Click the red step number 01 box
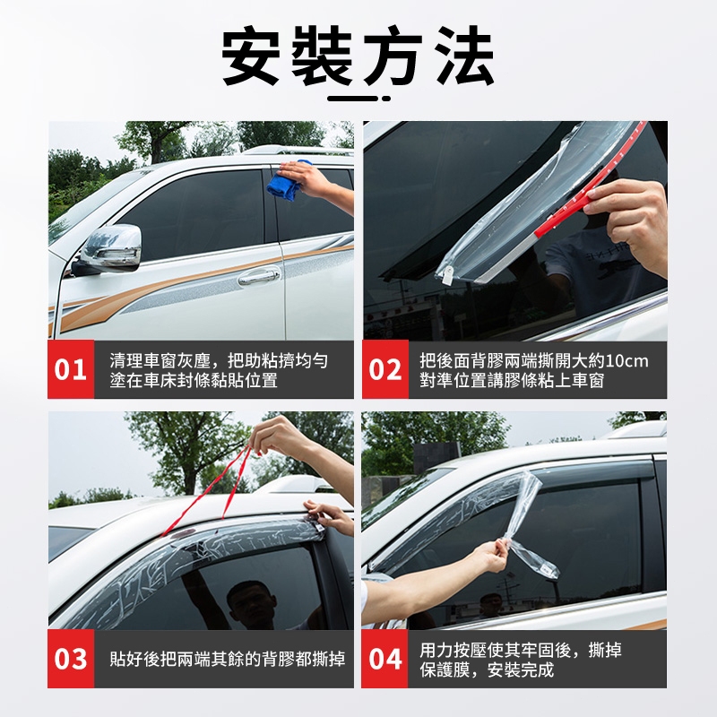[x=71, y=369]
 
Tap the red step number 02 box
[x=385, y=369]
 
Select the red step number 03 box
[x=71, y=659]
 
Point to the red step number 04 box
[x=384, y=659]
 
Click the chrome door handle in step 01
[x=259, y=276]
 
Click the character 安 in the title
[x=250, y=56]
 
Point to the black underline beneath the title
[x=359, y=99]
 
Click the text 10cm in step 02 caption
[x=626, y=361]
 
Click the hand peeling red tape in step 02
[x=628, y=220]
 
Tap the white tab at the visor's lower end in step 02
[x=445, y=274]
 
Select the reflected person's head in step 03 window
[x=247, y=598]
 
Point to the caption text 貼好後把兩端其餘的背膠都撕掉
[x=228, y=659]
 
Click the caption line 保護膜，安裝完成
[x=487, y=669]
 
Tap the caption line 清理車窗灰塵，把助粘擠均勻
[x=219, y=361]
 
